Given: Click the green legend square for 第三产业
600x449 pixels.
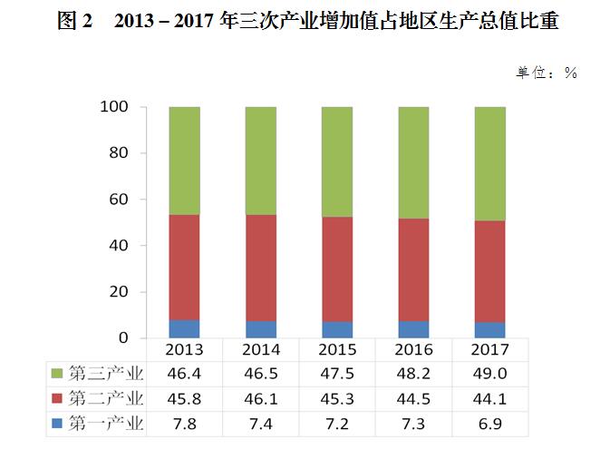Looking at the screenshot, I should [x=58, y=374].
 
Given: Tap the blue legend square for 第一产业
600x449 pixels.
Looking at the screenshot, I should [x=58, y=423].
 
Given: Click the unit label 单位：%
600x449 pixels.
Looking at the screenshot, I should [x=547, y=73].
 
